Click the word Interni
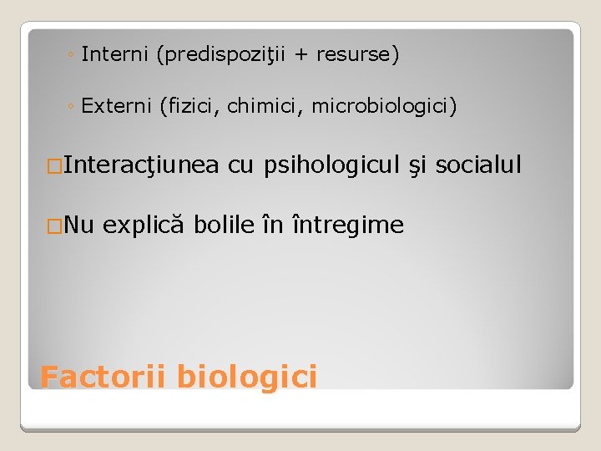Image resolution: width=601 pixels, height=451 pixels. point(115,55)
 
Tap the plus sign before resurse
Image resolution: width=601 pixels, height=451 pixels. point(300,55)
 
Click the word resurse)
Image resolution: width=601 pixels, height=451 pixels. point(359,55)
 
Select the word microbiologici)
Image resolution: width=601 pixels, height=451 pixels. point(384,107)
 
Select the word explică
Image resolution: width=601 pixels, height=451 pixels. point(145,225)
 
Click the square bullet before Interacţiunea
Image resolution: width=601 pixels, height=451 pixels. point(54,167)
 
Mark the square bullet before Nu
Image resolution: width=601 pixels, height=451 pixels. point(54,225)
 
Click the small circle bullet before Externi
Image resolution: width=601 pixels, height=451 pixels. point(73,108)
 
